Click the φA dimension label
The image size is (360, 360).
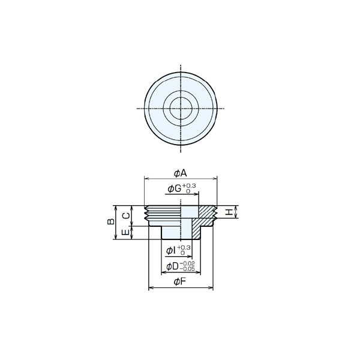pyautogui.click(x=181, y=173)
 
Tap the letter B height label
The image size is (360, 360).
pyautogui.click(x=111, y=221)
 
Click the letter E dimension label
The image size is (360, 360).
pyautogui.click(x=125, y=232)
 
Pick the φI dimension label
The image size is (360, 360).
pyautogui.click(x=171, y=251)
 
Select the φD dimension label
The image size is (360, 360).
pyautogui.click(x=173, y=266)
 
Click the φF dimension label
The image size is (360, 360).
pyautogui.click(x=179, y=281)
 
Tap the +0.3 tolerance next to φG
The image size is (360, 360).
pyautogui.click(x=189, y=185)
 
